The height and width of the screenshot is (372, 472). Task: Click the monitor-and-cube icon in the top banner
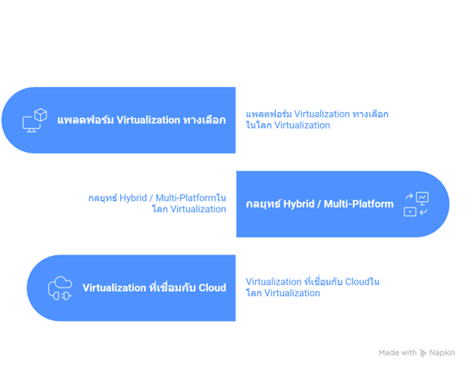34,120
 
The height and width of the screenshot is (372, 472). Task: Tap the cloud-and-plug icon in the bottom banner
60,287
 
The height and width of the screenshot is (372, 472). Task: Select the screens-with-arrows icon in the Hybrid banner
416,204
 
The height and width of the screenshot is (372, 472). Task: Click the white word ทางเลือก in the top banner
202,120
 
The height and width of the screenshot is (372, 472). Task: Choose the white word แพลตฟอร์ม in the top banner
85,120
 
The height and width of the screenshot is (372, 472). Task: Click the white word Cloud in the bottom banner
212,287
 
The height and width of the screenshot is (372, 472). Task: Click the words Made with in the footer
398,353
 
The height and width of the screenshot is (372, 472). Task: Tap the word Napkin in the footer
442,353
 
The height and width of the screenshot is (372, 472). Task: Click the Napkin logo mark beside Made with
423,353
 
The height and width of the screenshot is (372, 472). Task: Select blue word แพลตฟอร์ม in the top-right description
263,114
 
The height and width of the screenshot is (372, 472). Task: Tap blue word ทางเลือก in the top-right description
370,114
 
